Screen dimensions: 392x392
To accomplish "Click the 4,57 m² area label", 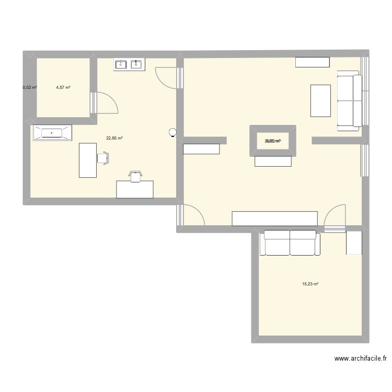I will point(63,87).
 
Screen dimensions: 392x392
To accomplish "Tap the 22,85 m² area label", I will point(114,139).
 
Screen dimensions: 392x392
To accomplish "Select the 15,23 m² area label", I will point(310,284).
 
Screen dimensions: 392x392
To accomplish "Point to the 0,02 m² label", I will point(30,87).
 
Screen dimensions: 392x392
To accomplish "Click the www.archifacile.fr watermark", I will point(360,359).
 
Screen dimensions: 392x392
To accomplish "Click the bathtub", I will point(51,133).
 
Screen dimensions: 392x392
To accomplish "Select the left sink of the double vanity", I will point(121,64).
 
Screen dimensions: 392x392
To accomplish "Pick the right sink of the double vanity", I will point(137,64).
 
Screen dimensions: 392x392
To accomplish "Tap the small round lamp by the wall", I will point(172,133).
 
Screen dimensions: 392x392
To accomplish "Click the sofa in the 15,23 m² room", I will point(290,243).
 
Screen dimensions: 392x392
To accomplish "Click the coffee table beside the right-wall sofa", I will point(320,100).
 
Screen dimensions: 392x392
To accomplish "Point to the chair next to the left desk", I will point(103,157).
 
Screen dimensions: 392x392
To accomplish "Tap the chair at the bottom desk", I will point(135,176).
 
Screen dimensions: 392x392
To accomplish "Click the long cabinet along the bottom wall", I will point(274,218).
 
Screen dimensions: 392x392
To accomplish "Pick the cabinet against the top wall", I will point(312,62).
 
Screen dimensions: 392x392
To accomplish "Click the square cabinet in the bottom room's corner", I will point(354,243).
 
